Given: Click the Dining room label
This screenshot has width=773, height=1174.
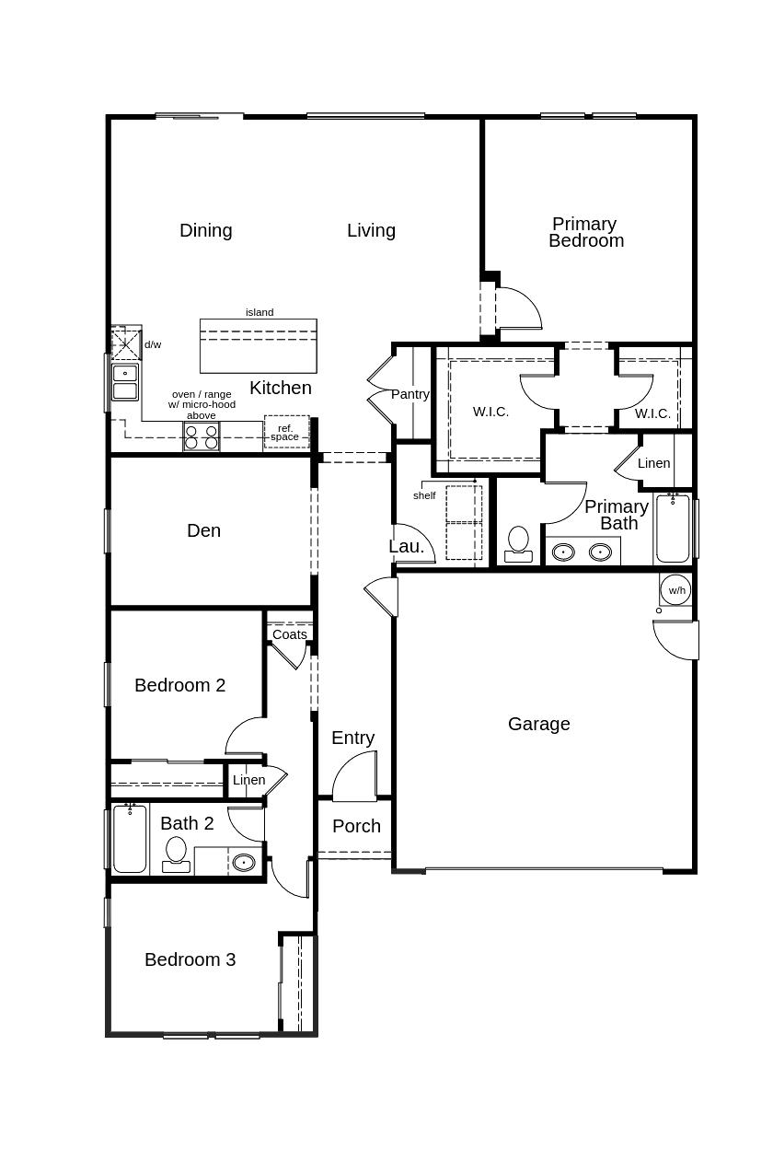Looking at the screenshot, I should (x=205, y=231).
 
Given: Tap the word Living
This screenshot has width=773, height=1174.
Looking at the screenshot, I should (x=371, y=231).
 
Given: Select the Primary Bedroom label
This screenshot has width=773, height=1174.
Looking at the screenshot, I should (x=585, y=232).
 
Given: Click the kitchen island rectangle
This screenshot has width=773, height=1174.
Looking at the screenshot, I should (x=258, y=345).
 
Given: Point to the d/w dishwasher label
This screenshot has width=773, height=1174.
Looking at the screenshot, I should (x=153, y=344).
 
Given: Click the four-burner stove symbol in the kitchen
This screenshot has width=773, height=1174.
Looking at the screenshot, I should (x=201, y=436).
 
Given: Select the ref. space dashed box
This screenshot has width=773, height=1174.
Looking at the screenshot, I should (x=286, y=432).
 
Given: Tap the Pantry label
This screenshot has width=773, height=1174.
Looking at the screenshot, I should (x=410, y=394).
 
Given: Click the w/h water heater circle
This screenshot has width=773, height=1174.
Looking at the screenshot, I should (x=676, y=590).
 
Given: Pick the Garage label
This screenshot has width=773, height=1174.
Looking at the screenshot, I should (x=538, y=725).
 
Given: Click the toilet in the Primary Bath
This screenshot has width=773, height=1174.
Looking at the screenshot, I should (x=519, y=543).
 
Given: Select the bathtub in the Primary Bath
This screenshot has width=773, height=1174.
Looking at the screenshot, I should (x=673, y=529).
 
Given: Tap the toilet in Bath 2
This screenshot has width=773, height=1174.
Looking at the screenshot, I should (x=176, y=854).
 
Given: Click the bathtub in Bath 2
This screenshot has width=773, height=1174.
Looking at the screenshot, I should (x=130, y=839).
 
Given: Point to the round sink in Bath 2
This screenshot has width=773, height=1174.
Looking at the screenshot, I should (x=244, y=863).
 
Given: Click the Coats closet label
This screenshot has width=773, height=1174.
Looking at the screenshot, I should (x=289, y=634).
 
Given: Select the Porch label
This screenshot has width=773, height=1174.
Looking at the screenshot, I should (x=356, y=827).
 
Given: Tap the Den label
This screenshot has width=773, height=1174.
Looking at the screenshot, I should (x=203, y=530).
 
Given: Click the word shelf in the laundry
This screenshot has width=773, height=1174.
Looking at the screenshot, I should (x=424, y=495).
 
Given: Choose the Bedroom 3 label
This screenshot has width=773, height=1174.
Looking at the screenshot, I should (x=190, y=959).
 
